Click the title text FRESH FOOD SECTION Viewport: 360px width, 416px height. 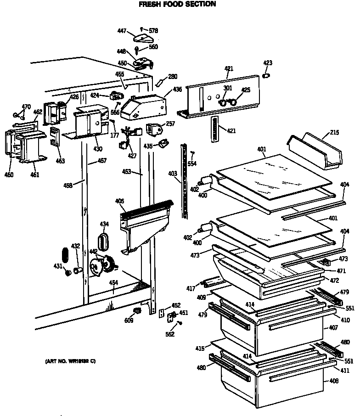(x=177, y=4)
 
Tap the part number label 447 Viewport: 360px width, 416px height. (x=122, y=31)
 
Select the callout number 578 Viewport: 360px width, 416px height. (x=153, y=31)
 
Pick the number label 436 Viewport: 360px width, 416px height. (x=177, y=89)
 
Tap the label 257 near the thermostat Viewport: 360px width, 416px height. (x=170, y=124)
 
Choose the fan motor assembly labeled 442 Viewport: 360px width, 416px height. (x=103, y=266)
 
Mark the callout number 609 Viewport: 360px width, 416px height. (x=129, y=320)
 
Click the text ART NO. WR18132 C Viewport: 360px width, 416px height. (x=71, y=361)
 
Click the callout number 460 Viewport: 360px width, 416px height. (x=9, y=174)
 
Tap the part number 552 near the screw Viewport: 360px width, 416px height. (x=170, y=334)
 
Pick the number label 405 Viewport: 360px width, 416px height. (x=119, y=201)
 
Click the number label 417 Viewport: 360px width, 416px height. (x=191, y=288)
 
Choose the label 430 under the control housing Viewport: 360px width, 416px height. (x=98, y=149)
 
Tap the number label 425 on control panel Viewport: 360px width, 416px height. (x=246, y=90)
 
